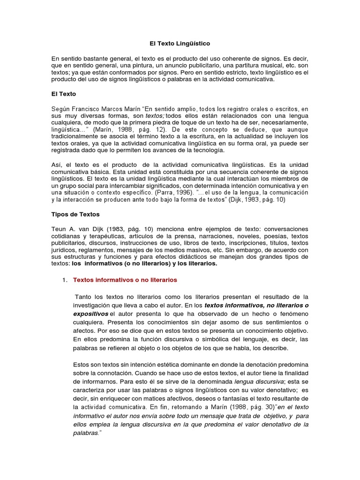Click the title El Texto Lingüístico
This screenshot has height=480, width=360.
point(180,43)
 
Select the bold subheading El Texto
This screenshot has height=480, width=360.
point(63,94)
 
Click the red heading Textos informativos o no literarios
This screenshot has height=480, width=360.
point(125,280)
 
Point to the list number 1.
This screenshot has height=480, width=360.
point(64,280)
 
